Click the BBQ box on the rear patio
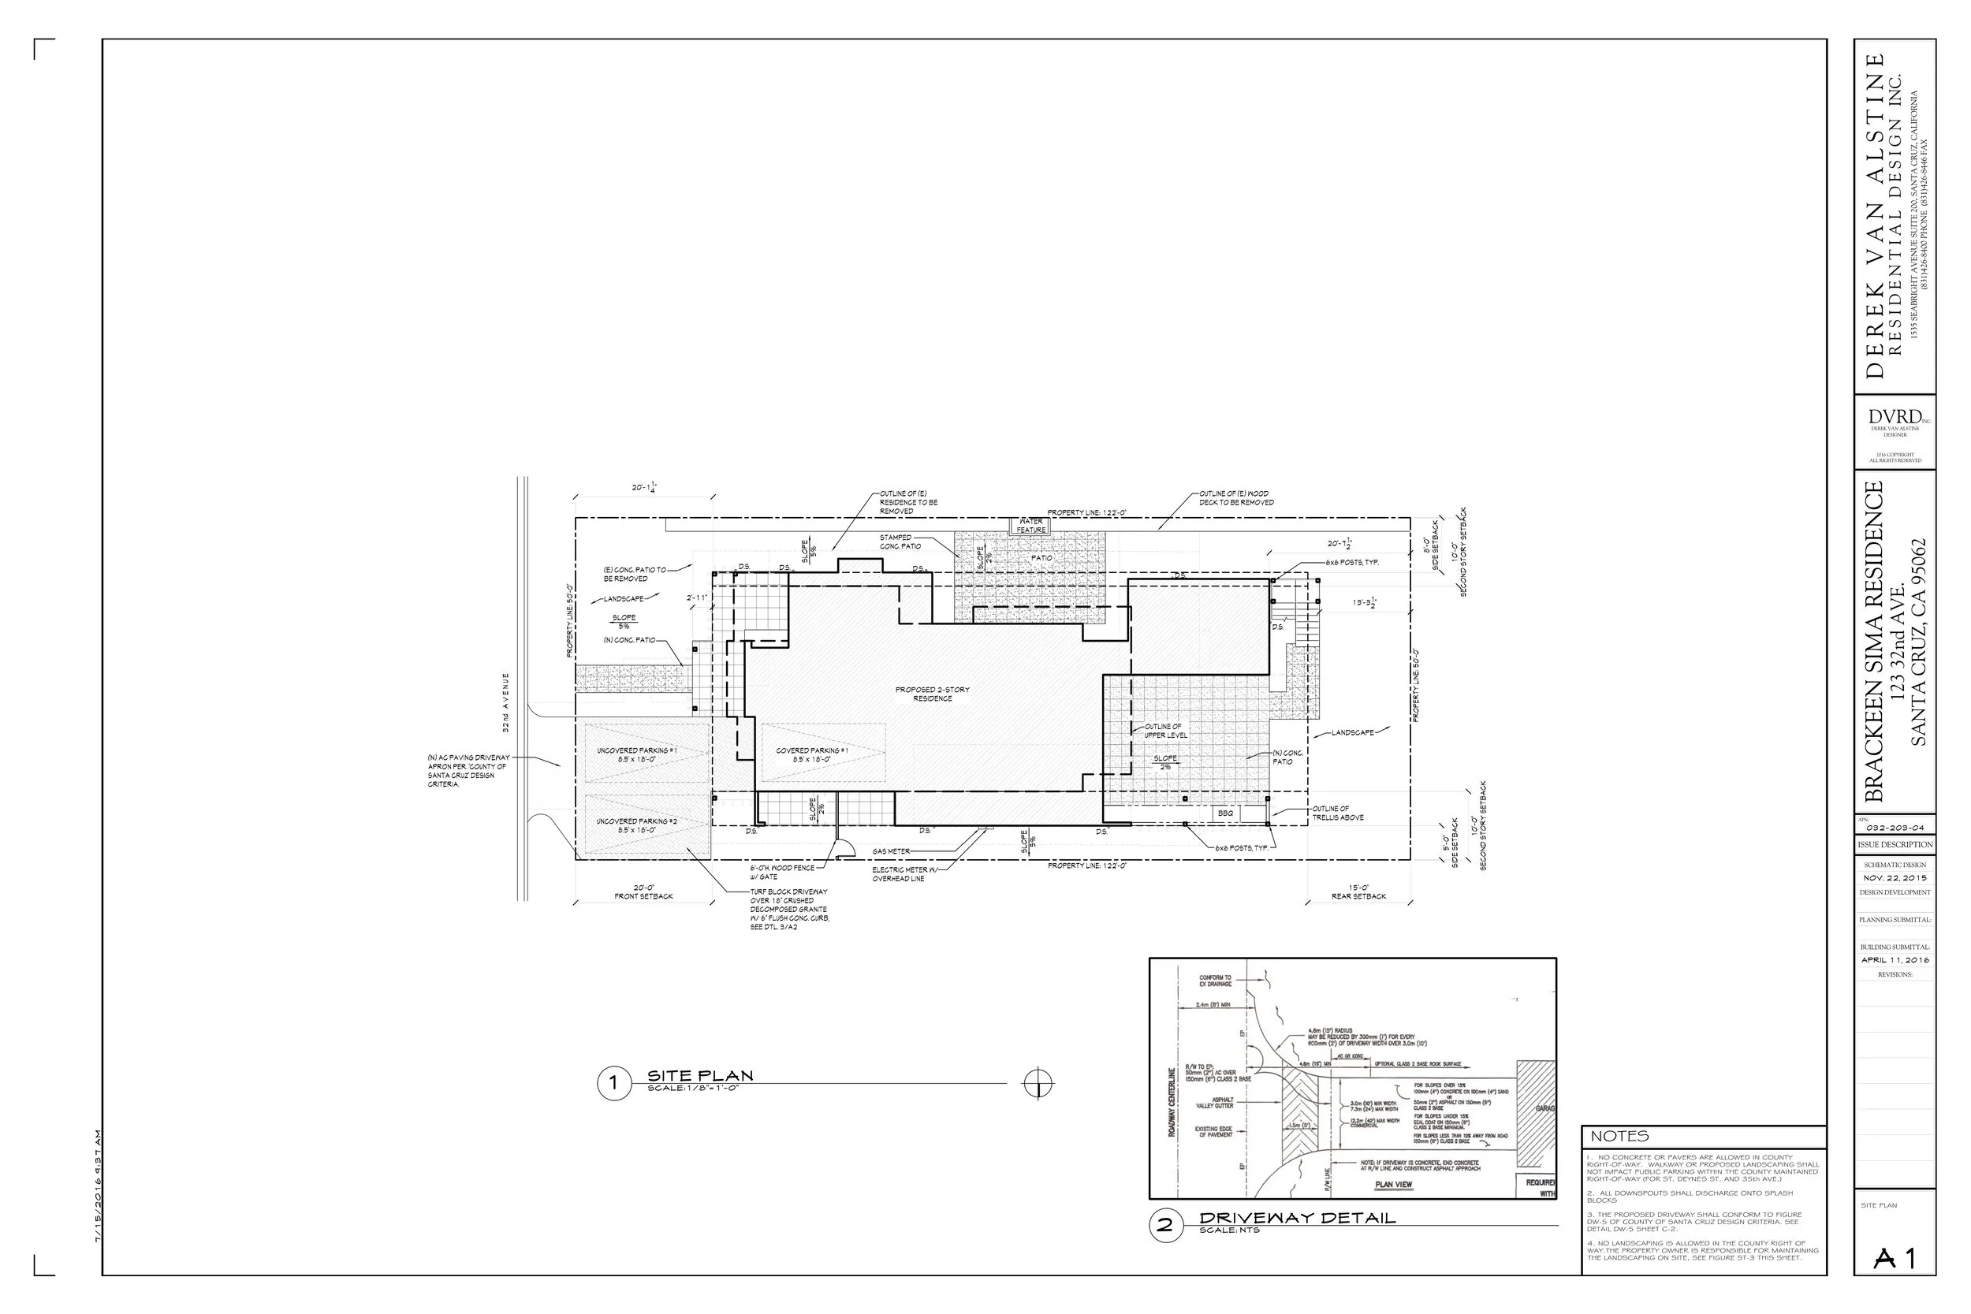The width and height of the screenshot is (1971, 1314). point(1225,813)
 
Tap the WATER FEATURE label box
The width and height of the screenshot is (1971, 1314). point(1030,526)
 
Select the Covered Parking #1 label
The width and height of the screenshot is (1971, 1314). point(811,754)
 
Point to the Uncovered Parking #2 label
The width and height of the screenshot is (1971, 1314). point(636,825)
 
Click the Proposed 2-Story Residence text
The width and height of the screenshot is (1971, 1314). point(932,694)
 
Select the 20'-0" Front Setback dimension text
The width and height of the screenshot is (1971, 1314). point(643,892)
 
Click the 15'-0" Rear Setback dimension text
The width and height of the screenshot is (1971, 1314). point(1358,892)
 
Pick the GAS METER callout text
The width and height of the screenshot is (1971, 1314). point(891,851)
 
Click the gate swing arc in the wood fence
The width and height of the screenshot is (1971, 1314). point(845,850)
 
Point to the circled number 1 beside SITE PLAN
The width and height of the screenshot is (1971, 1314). point(613,1084)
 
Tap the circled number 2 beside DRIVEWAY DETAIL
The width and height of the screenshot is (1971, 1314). point(1164,1226)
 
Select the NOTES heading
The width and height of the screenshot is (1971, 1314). point(1619,1137)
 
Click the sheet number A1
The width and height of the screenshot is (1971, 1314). point(1895,1258)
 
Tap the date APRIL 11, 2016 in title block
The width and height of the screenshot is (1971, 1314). point(1895,960)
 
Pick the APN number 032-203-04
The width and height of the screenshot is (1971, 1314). point(1895,828)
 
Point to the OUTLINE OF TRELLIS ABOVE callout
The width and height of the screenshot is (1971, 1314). point(1338,813)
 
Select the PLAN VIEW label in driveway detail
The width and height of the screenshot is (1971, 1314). point(1394,1185)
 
